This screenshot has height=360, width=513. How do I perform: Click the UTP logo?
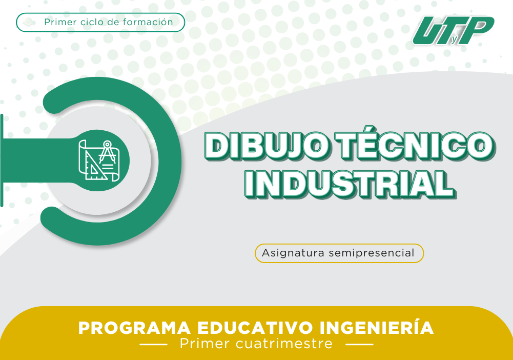(453, 30)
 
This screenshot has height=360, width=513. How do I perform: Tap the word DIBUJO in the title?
(265, 146)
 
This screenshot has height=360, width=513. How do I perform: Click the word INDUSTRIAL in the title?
(350, 184)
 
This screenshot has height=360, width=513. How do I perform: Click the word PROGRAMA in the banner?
(134, 328)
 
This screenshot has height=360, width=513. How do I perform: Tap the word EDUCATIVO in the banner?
(255, 328)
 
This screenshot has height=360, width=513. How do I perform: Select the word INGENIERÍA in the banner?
(377, 327)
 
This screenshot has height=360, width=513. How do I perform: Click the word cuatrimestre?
(284, 344)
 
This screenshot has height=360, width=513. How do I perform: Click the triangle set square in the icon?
(94, 166)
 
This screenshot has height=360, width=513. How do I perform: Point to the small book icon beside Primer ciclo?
(29, 22)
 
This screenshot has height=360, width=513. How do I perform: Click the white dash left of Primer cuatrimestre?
(153, 344)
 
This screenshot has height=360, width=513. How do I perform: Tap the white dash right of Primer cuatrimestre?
(360, 344)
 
